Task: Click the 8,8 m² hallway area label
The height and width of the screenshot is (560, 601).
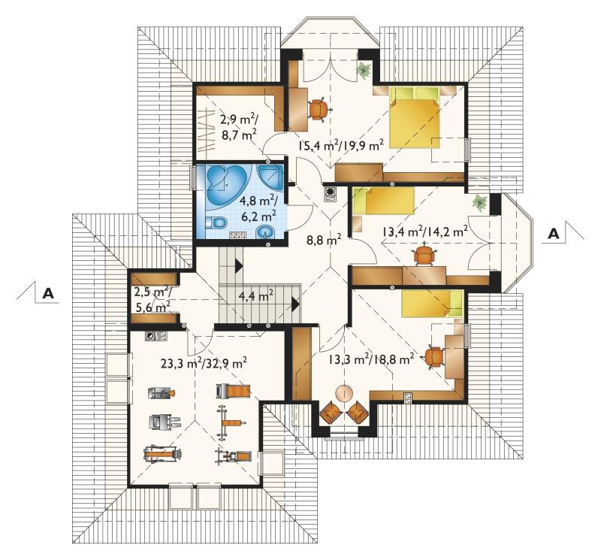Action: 324,240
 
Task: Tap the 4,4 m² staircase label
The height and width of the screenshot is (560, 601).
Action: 255,295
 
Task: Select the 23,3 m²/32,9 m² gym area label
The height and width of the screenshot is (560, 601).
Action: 204,362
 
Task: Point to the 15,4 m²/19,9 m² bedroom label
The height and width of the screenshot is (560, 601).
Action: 341,146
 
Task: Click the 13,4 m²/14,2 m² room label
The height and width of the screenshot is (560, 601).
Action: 424,232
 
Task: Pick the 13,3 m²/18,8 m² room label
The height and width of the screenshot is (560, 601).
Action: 371,359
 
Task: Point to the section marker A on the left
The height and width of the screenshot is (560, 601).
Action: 48,293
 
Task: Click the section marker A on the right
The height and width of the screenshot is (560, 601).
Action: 554,234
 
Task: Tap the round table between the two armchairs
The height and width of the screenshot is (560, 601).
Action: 344,394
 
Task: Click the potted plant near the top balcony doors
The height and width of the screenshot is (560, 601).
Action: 363,70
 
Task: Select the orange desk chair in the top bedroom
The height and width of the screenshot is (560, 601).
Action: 319,109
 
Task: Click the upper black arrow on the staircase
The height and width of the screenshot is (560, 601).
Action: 239,265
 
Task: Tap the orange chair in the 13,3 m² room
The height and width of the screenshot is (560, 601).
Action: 433,357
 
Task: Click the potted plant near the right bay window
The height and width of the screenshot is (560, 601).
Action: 480,202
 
